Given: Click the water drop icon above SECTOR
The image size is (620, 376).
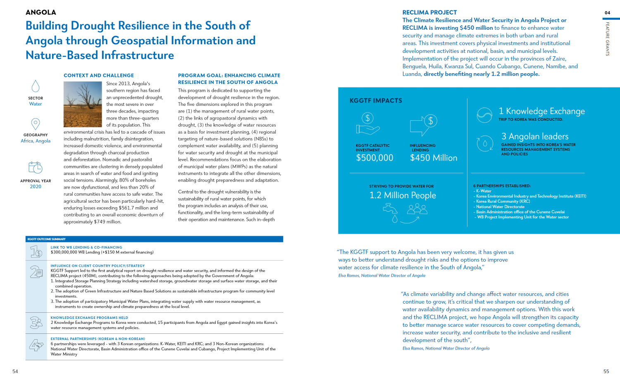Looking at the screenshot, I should coord(36,86).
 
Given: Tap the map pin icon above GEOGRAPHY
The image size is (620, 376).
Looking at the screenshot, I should coord(36,124).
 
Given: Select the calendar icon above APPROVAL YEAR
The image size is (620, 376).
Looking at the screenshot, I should coord(36,168).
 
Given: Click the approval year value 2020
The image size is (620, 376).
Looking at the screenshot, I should coord(36,187).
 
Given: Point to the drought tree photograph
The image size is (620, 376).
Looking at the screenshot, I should coord(83,104).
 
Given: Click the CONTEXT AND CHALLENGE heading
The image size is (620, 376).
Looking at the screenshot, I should coord(99,75).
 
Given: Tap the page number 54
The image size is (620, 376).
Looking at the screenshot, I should coord(15,371).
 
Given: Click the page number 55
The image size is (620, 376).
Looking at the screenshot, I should coord(606,371).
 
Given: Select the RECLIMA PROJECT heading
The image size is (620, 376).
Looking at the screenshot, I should coord(429,12).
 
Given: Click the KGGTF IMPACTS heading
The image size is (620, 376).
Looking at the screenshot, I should coord(376,101).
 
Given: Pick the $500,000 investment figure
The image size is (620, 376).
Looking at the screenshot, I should coord(374,158).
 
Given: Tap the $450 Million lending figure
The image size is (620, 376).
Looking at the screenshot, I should coord(434,158).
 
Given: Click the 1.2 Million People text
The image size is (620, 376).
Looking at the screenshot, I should coord(403,195).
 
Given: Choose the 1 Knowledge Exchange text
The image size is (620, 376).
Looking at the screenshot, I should coord(541,111).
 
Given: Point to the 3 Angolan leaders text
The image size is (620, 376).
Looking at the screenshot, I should coord(535,136).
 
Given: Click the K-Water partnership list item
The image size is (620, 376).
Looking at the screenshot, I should coord(484,191).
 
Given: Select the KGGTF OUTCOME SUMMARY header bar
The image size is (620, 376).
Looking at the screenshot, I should coord(154,239).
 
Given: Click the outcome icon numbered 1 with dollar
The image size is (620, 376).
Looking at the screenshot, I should coord(36,251).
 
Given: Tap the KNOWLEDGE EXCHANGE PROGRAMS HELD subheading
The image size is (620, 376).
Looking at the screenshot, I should coord(89,318).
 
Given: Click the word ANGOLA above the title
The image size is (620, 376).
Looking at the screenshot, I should coord(41,12).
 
